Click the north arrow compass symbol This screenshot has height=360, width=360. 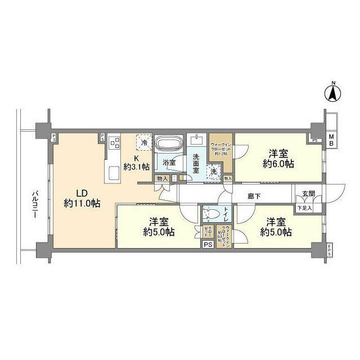pos(332,93)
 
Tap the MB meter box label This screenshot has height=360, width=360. pos(332,140)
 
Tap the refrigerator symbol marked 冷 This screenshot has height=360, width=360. pos(145,143)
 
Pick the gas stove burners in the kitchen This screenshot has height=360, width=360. pos(114,143)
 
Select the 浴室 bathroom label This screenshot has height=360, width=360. pos(169,163)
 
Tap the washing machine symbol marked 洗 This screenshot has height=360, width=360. pos(214,171)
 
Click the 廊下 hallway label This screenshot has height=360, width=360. pos(254,196)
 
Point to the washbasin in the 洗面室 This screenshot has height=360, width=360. pos(196,140)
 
